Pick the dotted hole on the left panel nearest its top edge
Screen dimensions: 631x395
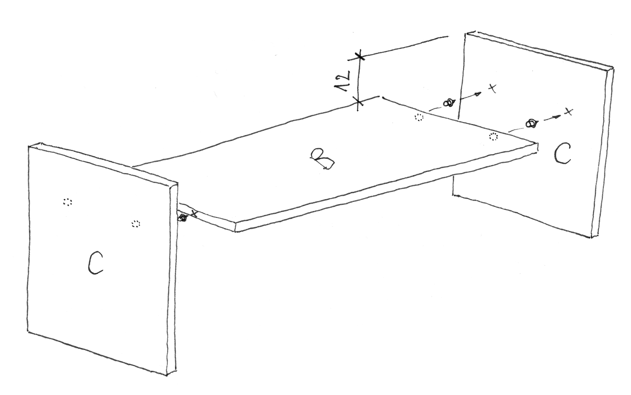click(68, 202)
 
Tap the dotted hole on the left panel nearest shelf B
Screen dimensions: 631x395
click(136, 224)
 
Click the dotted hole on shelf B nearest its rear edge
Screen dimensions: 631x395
click(419, 117)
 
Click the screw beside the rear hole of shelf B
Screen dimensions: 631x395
click(448, 103)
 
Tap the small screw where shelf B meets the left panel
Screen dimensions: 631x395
click(182, 218)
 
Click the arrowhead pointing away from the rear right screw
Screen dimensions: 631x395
click(479, 94)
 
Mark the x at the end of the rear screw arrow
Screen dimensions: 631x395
click(492, 89)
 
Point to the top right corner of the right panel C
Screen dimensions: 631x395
click(613, 68)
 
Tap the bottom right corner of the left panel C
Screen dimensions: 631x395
click(167, 376)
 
